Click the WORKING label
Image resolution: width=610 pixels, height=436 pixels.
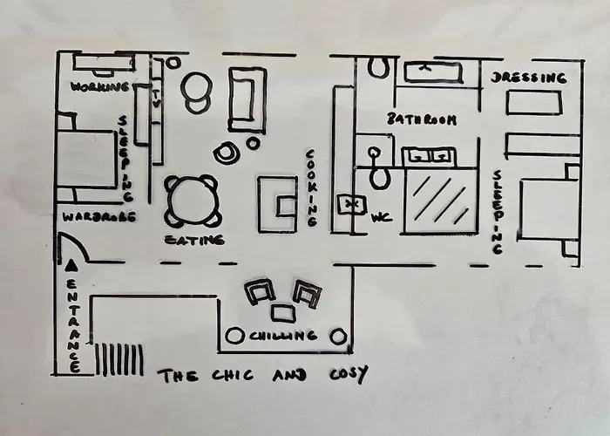pos(100,86)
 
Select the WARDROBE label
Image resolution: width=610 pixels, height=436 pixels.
pos(98,216)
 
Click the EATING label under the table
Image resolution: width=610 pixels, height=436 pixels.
pos(194,240)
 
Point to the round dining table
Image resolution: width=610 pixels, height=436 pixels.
pos(193,201)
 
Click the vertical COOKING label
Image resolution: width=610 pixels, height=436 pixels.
pos(310,187)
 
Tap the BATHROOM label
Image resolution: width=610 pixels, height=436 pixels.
pos(422,119)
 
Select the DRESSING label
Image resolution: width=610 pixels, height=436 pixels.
pos(528,78)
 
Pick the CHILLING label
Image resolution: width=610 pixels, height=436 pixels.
pos(282,336)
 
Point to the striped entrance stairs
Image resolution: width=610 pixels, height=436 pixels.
pos(119,359)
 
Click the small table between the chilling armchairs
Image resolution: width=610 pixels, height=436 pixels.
pos(283,312)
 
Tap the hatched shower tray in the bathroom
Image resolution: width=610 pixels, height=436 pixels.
pos(441,201)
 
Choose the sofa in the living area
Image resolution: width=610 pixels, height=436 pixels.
pos(247,99)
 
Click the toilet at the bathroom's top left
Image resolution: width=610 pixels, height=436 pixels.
pos(378,67)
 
